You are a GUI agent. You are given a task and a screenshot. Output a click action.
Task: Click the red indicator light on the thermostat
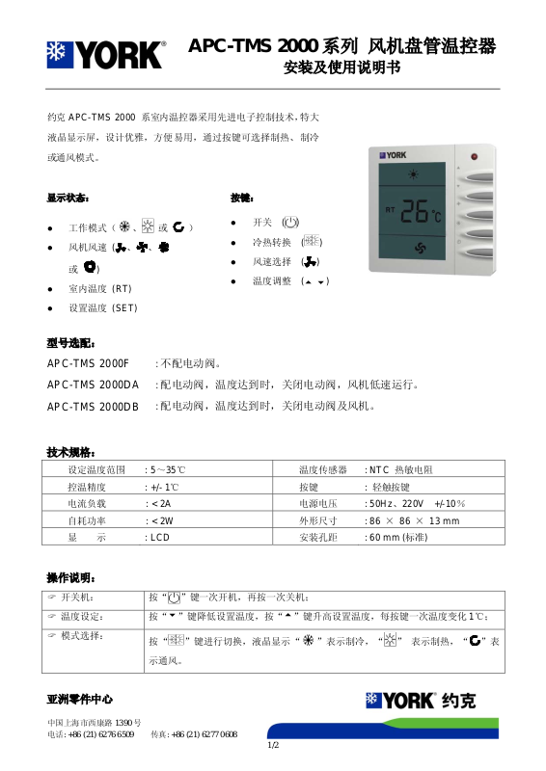(x=474, y=156)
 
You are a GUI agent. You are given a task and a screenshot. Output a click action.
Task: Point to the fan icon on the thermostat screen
(x=419, y=248)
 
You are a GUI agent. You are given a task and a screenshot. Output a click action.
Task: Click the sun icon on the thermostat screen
(x=416, y=174)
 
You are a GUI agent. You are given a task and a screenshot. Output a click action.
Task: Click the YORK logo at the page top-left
(x=106, y=55)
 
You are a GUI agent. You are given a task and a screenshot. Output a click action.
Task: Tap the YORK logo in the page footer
(x=399, y=701)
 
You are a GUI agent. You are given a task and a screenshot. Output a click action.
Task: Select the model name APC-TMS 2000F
(x=88, y=364)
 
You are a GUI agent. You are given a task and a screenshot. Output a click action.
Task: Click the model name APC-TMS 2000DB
(x=94, y=407)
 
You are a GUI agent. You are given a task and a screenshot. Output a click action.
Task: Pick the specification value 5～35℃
(x=165, y=469)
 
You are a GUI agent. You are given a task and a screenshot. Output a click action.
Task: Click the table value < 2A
(x=158, y=503)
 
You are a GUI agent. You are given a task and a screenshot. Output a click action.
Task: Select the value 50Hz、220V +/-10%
(x=417, y=503)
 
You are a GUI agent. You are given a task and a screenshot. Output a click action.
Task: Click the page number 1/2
(x=273, y=745)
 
